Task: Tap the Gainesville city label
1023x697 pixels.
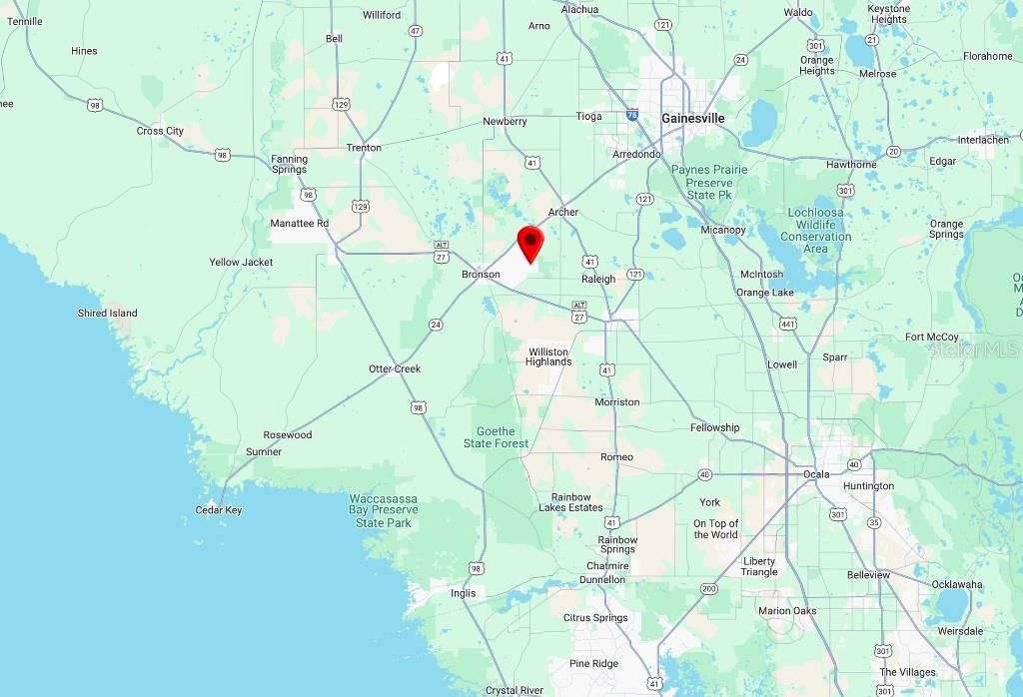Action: pyautogui.click(x=692, y=118)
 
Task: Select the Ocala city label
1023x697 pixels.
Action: pyautogui.click(x=816, y=473)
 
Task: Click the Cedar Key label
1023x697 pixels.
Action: pyautogui.click(x=219, y=510)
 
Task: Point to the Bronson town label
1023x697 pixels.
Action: pyautogui.click(x=481, y=274)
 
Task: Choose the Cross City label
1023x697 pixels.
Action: pyautogui.click(x=160, y=131)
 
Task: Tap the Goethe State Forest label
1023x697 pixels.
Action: pyautogui.click(x=497, y=437)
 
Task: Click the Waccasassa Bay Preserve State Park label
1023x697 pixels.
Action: pyautogui.click(x=384, y=510)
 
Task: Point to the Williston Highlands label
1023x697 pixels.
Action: pyautogui.click(x=548, y=356)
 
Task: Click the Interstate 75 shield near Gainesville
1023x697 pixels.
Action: pyautogui.click(x=632, y=116)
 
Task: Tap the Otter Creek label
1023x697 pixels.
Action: pyautogui.click(x=395, y=368)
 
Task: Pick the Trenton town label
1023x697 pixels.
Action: pyautogui.click(x=364, y=148)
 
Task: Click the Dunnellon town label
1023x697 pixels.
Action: pyautogui.click(x=602, y=579)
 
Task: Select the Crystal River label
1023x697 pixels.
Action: pyautogui.click(x=514, y=690)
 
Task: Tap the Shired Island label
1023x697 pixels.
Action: pyautogui.click(x=108, y=313)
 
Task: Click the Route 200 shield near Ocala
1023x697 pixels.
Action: pyautogui.click(x=708, y=588)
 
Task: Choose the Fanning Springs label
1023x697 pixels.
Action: pyautogui.click(x=290, y=164)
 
